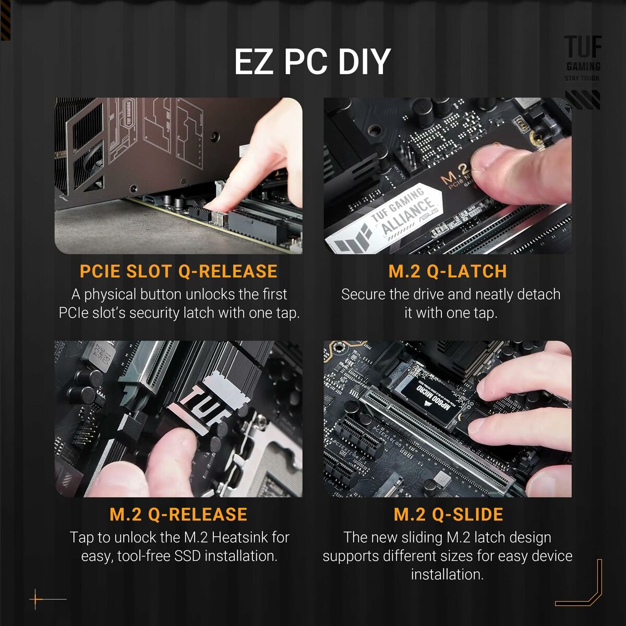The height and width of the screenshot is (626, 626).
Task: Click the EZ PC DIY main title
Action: point(312,62)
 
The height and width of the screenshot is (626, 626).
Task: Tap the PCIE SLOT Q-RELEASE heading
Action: point(178,271)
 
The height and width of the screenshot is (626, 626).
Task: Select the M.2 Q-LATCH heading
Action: point(448,271)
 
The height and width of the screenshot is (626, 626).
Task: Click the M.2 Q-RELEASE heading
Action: point(178,514)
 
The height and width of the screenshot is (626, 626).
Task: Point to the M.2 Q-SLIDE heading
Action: point(448,514)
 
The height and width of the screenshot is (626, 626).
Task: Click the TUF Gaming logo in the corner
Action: point(583,52)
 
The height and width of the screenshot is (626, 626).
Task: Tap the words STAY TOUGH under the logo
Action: point(582,79)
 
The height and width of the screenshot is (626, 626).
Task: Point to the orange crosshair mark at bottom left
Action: point(36,599)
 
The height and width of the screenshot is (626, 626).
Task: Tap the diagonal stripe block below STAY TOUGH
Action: point(583,99)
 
